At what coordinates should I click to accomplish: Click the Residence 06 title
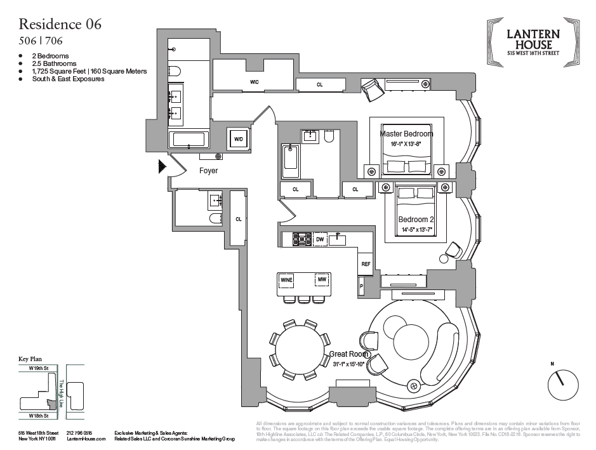pos(60,25)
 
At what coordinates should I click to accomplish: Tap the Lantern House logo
pos(533,41)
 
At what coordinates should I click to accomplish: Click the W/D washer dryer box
pos(239,138)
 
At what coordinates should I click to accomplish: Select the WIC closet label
pos(254,82)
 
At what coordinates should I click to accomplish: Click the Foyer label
pos(208,171)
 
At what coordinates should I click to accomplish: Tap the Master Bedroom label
pos(406,134)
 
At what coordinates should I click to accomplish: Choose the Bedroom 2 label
pos(416,220)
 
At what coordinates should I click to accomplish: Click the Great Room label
pos(346,355)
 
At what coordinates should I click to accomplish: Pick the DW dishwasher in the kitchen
pos(320,239)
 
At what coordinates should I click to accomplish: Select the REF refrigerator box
pos(366,263)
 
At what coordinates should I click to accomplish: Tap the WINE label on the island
pos(286,279)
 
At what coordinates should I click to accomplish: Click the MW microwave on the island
pos(322,279)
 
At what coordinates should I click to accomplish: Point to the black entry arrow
pos(162,166)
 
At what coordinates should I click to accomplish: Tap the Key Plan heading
pos(30,359)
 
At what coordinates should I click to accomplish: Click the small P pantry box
pos(361,286)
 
